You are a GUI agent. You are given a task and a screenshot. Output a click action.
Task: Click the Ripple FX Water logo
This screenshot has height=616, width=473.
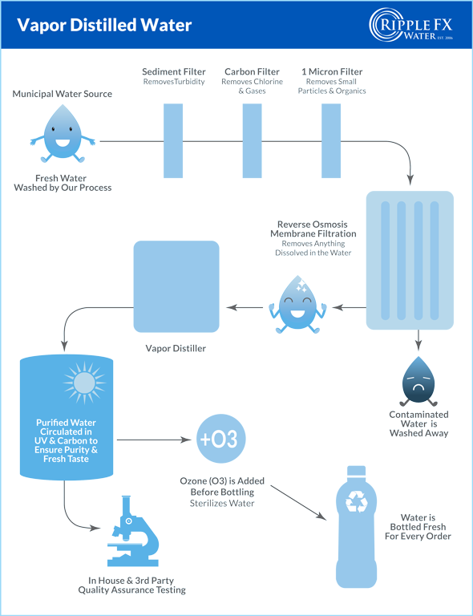411,25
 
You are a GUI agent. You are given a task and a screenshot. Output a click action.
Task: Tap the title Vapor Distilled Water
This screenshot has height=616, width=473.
104,25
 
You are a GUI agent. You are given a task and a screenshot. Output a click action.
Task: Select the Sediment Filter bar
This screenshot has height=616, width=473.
173,140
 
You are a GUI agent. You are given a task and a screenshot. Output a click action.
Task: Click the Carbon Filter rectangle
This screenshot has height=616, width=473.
252,140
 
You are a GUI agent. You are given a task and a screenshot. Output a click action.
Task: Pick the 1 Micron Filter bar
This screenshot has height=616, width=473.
331,140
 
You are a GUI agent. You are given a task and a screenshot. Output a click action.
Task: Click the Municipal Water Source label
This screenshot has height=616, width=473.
62,94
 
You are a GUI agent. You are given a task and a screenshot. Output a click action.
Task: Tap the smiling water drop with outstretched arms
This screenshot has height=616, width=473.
63,134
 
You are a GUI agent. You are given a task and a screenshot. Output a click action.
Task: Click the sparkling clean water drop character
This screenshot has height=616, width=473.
297,305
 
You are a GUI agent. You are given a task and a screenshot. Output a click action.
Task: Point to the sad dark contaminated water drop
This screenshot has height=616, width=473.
418,381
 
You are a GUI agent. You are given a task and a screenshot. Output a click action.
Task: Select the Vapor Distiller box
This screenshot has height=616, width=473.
176,286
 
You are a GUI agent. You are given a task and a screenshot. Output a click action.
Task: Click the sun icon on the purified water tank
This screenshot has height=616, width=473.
84,383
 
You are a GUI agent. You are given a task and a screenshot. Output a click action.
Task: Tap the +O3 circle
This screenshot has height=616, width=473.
221,439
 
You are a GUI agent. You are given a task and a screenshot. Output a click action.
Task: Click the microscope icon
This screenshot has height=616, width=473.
132,531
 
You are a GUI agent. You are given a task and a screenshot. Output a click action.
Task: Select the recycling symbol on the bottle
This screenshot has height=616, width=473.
357,501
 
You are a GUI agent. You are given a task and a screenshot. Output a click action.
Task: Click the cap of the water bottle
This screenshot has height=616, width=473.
357,471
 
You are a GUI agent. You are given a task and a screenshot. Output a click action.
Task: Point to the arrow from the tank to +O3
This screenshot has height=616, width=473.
154,440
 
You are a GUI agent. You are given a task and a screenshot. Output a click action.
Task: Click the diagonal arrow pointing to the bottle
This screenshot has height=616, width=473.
298,503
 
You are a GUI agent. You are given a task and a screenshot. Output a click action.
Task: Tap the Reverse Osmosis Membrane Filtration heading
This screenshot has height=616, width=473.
313,229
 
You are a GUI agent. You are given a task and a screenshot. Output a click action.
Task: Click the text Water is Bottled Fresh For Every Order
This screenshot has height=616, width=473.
418,527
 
